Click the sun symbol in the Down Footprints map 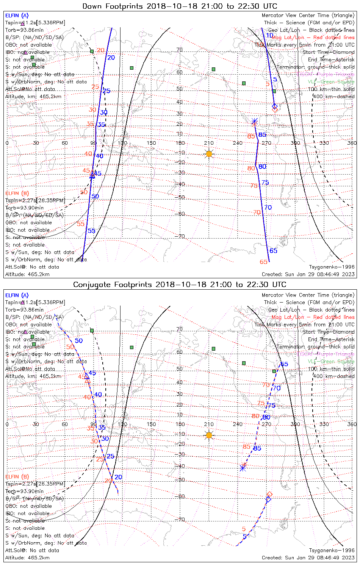point(209,154)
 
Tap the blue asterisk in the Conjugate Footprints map point(243,468)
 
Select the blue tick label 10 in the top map point(269,36)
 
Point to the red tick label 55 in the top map point(81,224)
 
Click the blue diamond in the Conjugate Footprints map point(268,499)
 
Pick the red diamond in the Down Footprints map point(275,110)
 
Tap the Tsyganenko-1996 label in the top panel point(332,267)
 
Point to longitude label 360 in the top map point(352,143)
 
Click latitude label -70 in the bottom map point(180,520)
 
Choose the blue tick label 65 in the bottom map point(284,364)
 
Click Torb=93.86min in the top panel point(24,30)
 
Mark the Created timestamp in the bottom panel point(308,557)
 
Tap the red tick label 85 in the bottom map point(247,446)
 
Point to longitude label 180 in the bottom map point(180,424)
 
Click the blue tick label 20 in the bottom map point(118,477)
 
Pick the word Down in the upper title point(92,6)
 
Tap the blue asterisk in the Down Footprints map point(255,122)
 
